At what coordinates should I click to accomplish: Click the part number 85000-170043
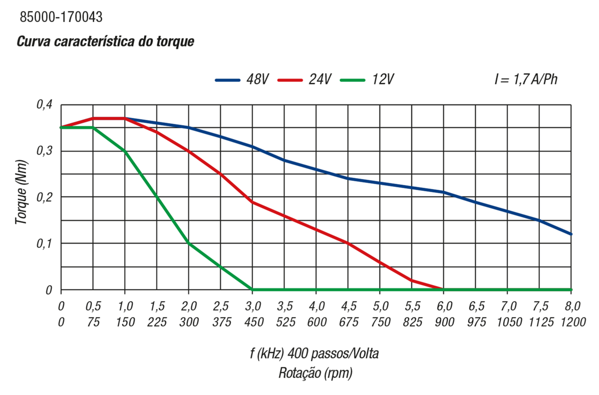point(61,17)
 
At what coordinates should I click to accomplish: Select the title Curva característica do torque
point(105,41)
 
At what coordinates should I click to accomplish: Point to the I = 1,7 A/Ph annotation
point(526,79)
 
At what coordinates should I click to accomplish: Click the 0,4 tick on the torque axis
point(44,105)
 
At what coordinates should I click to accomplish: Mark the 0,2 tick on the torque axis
point(44,197)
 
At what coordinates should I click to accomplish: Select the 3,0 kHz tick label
point(252,306)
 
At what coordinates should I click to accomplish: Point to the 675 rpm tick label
point(348,322)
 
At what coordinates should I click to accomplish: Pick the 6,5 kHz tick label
point(476,306)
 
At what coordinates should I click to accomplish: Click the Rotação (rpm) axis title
point(315,373)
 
